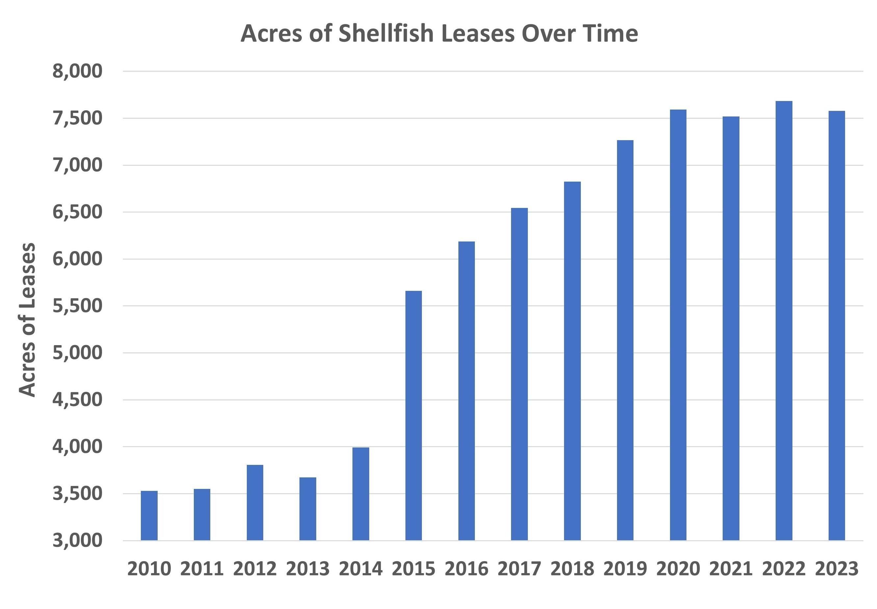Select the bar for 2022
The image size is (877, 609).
[784, 320]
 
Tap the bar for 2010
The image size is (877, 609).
[149, 515]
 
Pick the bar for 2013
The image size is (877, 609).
[308, 508]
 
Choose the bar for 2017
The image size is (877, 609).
[519, 374]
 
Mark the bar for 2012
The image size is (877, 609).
[255, 502]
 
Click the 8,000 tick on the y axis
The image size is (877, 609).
[77, 71]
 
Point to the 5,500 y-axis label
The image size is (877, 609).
[77, 306]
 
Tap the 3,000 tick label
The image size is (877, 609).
[77, 541]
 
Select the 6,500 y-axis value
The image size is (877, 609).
[77, 212]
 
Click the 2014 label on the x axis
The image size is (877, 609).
[360, 569]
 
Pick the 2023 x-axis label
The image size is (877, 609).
[837, 569]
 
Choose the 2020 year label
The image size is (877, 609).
[678, 569]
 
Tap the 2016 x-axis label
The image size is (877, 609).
[466, 569]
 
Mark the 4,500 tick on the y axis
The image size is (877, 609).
[77, 400]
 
